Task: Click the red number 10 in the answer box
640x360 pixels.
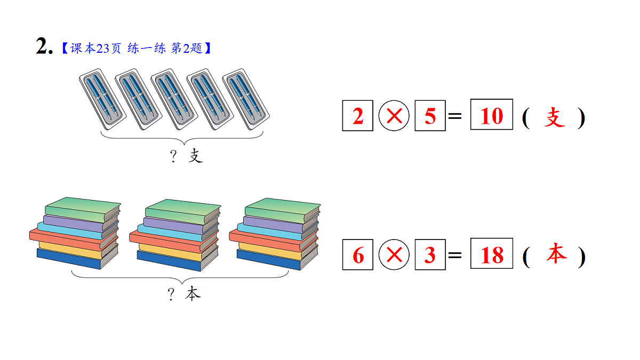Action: coord(491,115)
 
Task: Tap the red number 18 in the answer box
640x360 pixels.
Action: coord(492,255)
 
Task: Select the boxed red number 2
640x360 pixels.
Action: coord(358,116)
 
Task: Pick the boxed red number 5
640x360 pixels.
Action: coord(430,116)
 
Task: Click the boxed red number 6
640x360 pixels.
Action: coord(358,255)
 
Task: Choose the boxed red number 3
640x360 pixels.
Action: coord(430,255)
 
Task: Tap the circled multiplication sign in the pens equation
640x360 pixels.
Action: coord(394,116)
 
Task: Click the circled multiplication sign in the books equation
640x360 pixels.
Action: coord(394,255)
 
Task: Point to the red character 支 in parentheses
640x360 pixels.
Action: coord(555,117)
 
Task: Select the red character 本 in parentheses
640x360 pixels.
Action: coord(556,255)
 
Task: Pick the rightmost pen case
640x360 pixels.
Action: coord(246,99)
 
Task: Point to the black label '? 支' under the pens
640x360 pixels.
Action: coord(186,156)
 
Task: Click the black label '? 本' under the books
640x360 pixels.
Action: coord(185,294)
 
